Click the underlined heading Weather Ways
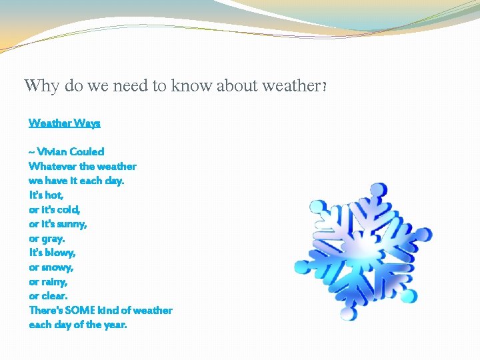pos(64,123)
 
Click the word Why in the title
pos(41,86)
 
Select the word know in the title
pos(191,85)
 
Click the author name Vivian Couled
pos(71,151)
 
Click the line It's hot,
pos(46,195)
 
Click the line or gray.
pos(47,239)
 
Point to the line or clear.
pos(48,296)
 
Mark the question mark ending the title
pos(324,87)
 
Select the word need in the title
pos(131,85)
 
